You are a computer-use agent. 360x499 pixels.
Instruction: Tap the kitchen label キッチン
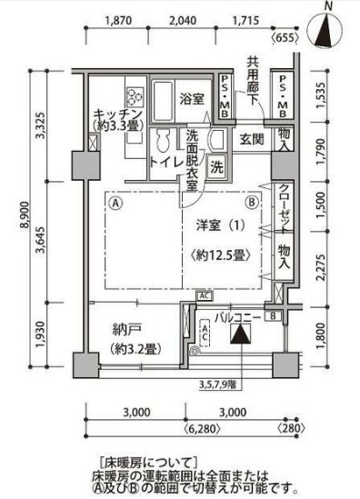click(x=116, y=115)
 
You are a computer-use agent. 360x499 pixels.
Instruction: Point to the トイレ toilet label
click(x=165, y=163)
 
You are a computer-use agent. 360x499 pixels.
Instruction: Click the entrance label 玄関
click(x=251, y=141)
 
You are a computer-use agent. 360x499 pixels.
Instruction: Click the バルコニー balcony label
click(x=237, y=317)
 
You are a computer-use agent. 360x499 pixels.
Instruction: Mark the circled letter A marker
click(x=115, y=204)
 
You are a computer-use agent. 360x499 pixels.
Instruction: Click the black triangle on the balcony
click(x=238, y=336)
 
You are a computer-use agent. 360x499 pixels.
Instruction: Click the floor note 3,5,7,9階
click(x=234, y=383)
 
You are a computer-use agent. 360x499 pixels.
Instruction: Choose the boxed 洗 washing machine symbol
click(x=216, y=167)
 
